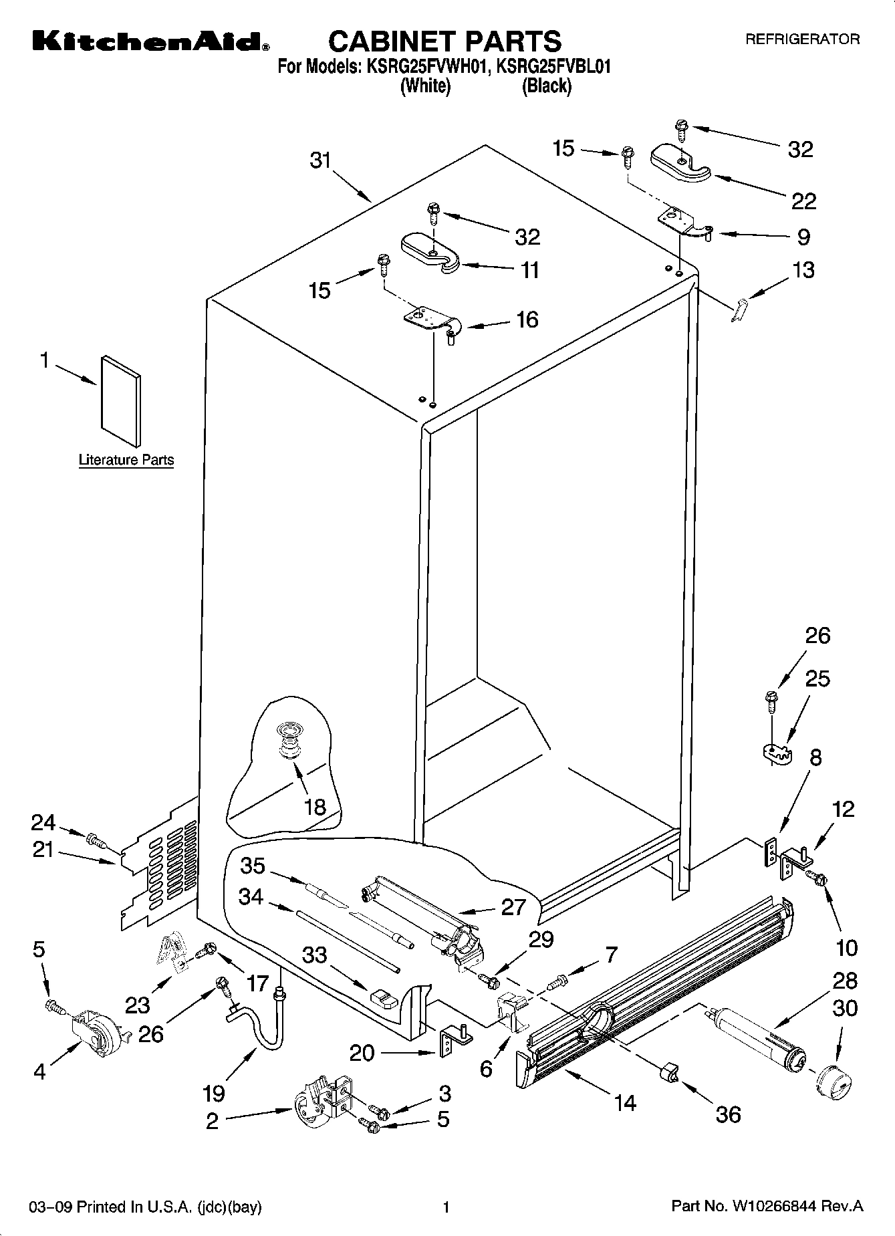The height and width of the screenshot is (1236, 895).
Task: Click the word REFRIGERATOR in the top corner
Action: (802, 39)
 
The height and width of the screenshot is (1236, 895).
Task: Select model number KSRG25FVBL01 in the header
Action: (555, 67)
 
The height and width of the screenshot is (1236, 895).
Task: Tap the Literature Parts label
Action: (126, 460)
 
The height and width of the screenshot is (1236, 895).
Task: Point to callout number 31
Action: (321, 161)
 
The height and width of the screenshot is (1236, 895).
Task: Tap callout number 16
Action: (527, 320)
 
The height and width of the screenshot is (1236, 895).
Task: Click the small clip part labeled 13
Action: (739, 311)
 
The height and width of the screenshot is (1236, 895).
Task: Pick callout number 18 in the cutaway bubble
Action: (315, 806)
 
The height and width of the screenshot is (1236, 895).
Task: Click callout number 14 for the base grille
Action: (625, 1102)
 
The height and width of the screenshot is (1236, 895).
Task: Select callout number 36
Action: (729, 1114)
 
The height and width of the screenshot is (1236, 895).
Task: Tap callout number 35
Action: (253, 866)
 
